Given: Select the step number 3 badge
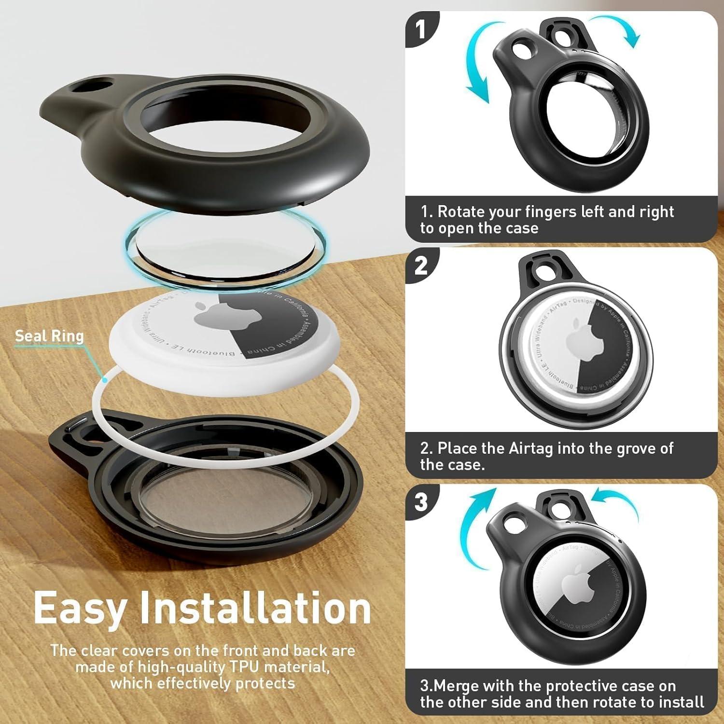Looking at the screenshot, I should [421, 502].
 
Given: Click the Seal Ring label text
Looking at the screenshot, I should [49, 336].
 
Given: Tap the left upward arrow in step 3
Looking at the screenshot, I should [478, 516].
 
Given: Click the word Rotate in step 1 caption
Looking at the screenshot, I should [461, 212].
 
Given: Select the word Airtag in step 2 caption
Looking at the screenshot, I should [531, 448].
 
